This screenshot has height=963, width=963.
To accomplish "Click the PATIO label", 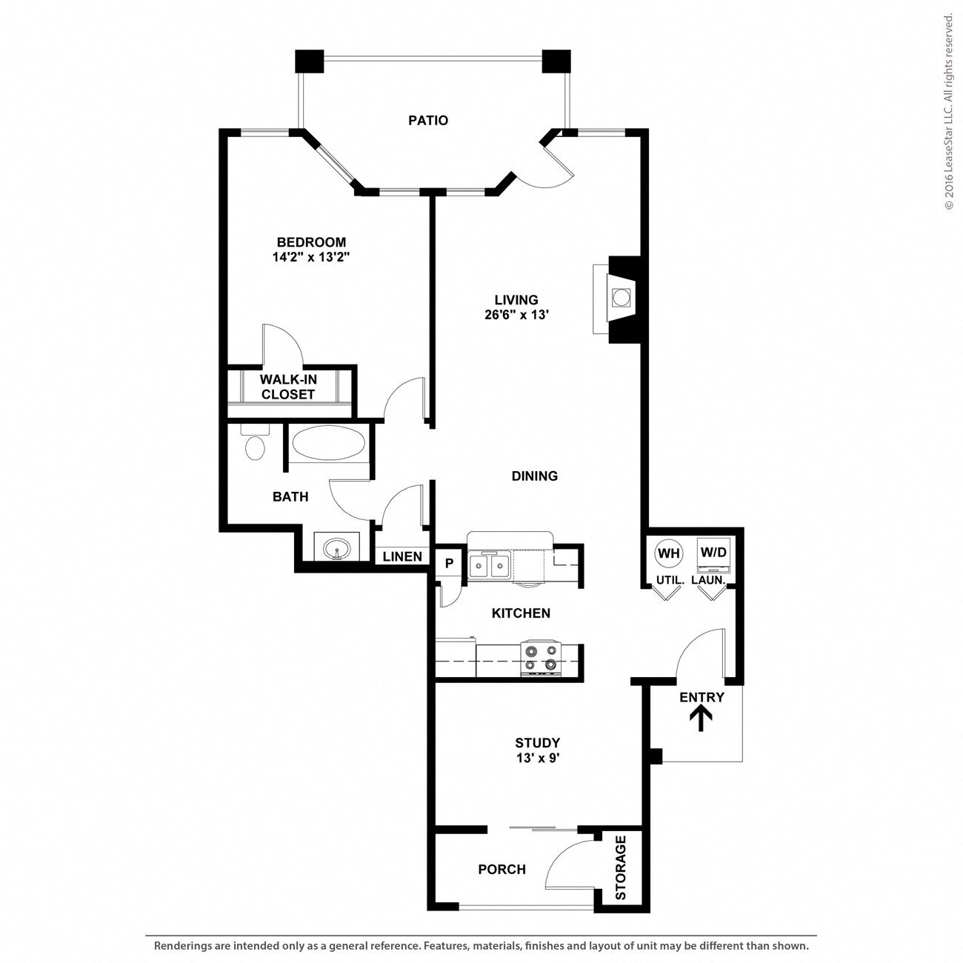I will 428,120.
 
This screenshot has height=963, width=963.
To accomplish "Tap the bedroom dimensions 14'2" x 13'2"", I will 311,258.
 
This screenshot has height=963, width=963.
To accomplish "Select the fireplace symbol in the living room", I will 619,298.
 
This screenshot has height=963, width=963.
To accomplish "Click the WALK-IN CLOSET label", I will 287,387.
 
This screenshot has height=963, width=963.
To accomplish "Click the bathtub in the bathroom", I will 328,444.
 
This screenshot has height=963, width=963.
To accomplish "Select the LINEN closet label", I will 403,556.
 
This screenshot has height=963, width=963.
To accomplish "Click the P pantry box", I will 448,563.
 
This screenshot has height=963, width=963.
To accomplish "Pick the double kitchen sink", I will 489,567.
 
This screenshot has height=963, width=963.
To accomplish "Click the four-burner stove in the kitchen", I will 540,658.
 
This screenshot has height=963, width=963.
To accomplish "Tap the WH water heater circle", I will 668,553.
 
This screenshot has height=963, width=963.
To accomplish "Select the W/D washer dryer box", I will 713,553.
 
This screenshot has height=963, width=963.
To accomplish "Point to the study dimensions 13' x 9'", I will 538,758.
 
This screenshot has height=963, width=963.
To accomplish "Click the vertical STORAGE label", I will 621,867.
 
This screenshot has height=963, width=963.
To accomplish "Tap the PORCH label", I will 502,869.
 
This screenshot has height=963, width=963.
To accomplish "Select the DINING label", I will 534,476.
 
